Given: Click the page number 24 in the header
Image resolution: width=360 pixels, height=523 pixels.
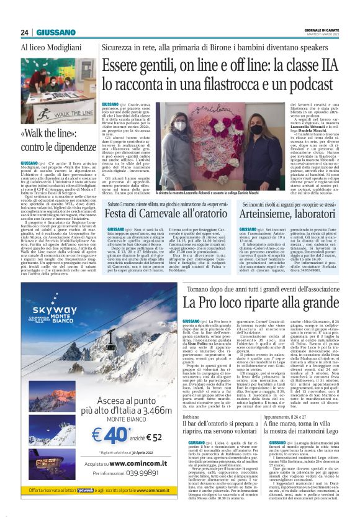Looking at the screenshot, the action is [25, 32].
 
